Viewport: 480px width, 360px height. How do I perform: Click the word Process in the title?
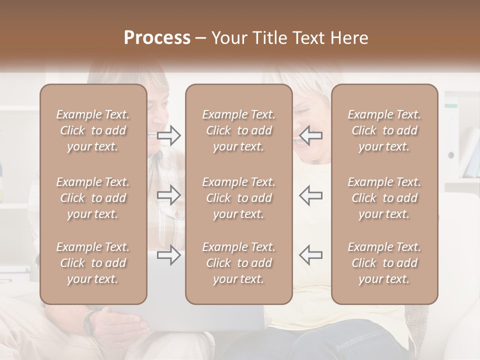coord(157,38)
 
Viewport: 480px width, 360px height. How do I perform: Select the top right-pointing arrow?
coord(168,135)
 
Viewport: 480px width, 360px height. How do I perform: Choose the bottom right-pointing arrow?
coord(168,255)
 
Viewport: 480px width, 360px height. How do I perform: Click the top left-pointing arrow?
coord(311,135)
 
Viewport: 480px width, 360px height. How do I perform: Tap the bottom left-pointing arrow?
coord(311,255)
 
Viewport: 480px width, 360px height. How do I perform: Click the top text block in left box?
coord(93,130)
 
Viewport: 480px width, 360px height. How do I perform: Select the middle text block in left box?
coord(93,198)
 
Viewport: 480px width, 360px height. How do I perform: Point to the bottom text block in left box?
coord(93,263)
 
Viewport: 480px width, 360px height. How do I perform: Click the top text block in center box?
coord(239,130)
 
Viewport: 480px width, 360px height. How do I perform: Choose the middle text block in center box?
coord(239,198)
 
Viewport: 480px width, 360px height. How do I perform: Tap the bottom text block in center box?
coord(239,263)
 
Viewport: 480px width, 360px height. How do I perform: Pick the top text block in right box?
coord(384,130)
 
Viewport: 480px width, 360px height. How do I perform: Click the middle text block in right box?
coord(384,198)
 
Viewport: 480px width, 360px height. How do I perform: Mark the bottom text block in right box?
coord(384,263)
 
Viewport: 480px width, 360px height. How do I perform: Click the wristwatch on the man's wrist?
coord(89,323)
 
